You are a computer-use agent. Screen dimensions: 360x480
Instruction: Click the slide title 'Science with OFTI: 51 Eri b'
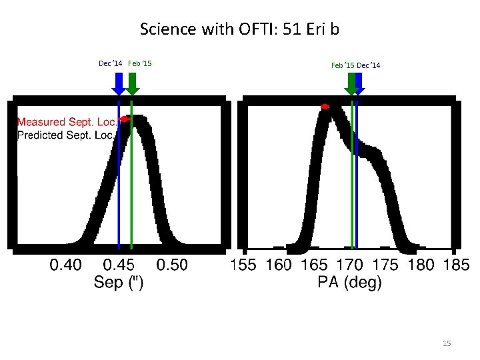(x=240, y=29)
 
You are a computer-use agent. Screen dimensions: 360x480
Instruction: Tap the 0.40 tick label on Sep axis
(x=66, y=265)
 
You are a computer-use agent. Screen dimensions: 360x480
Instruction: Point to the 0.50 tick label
(x=172, y=265)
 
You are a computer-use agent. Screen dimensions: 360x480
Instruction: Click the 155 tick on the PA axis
(x=243, y=265)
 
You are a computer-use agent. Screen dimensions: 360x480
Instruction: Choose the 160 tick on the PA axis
(x=279, y=265)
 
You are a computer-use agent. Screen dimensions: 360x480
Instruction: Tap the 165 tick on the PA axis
(x=314, y=265)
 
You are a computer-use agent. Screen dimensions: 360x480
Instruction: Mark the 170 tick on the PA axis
(x=349, y=265)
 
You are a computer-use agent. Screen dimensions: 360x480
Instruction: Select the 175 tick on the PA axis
(x=385, y=265)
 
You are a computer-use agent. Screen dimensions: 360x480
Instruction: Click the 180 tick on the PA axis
(x=420, y=265)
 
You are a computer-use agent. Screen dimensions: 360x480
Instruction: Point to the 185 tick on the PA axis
(x=456, y=265)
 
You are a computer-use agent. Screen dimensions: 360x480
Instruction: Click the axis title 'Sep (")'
(x=119, y=283)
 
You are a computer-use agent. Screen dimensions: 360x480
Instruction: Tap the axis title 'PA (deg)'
(x=349, y=283)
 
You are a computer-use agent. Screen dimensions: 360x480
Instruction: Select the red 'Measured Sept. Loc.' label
(x=67, y=122)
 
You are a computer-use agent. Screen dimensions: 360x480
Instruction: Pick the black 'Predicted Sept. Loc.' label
(x=65, y=135)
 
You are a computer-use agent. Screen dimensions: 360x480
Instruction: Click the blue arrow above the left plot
(x=119, y=83)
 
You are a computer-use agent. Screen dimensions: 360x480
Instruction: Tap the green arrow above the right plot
(x=351, y=83)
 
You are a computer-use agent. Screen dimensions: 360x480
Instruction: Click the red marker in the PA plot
(x=325, y=107)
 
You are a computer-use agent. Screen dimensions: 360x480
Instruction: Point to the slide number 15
(x=447, y=343)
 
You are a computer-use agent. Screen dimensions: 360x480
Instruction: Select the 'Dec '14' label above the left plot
(x=110, y=63)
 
